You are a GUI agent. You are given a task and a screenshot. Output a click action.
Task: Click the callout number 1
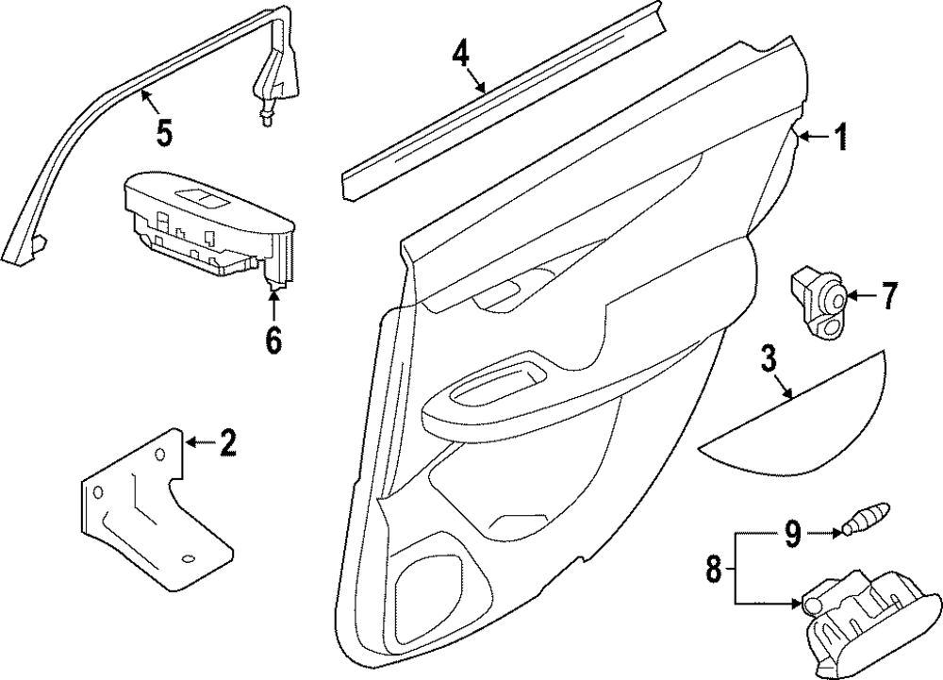coord(839,140)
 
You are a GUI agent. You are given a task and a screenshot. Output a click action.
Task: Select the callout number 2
coord(226,442)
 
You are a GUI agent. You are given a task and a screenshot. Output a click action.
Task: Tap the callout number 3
coord(769,359)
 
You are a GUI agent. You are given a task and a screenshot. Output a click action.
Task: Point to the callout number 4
coord(460,54)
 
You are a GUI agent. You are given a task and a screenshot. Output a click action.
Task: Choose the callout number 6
coord(273,340)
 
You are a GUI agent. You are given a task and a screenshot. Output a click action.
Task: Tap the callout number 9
coord(792,535)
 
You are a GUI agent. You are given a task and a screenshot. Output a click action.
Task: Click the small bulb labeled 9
coord(865,521)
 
